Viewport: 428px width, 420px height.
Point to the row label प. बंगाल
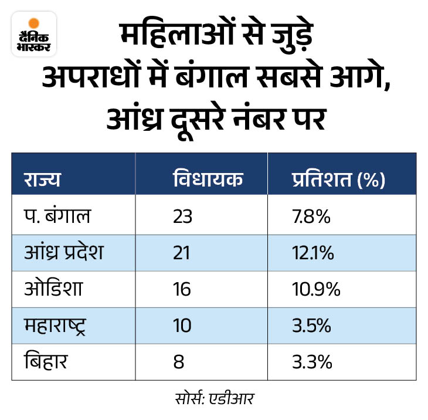pos(57,217)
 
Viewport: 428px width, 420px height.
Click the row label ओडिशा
pos(52,290)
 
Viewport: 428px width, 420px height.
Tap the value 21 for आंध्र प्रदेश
pos(182,253)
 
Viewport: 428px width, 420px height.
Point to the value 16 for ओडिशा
pos(182,290)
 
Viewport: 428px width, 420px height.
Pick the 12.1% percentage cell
pos(314,253)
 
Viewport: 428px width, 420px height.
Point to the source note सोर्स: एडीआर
pos(213,398)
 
